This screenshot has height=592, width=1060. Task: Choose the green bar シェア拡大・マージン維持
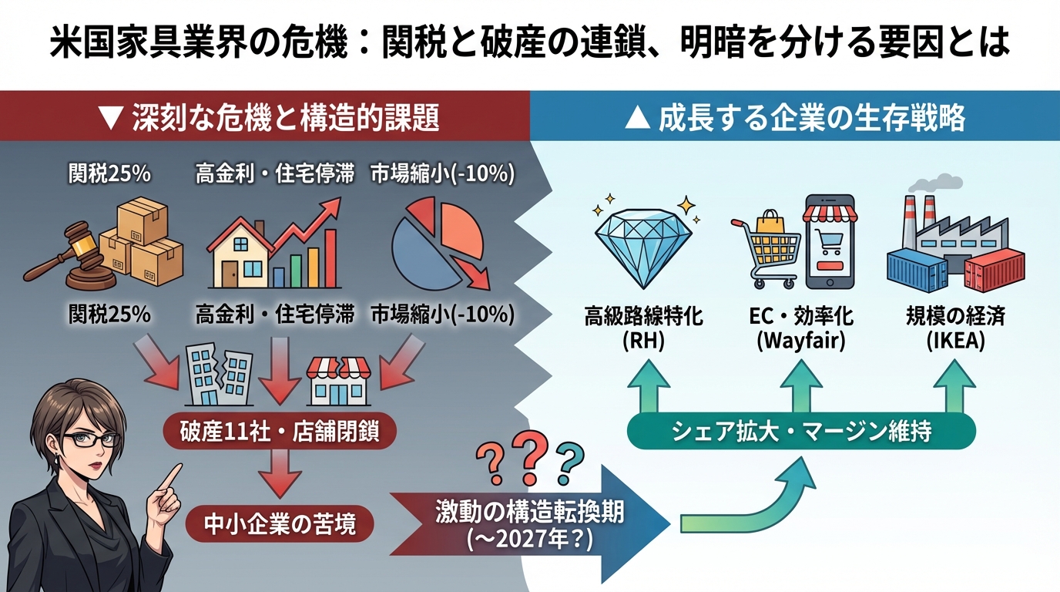[x=801, y=431]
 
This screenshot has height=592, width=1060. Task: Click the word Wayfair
[x=801, y=341]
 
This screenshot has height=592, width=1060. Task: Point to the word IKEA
[x=956, y=341]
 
